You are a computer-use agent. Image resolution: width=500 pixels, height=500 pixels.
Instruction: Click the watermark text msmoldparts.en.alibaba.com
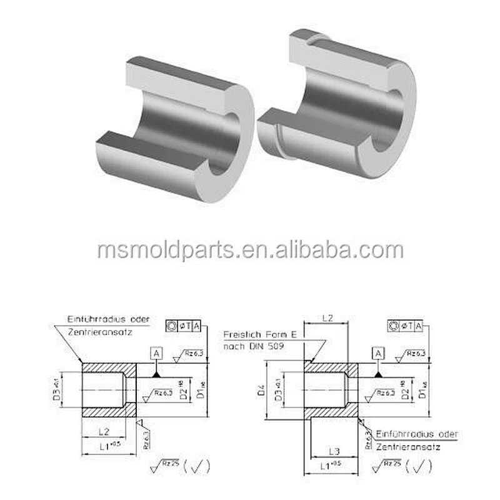click(x=250, y=250)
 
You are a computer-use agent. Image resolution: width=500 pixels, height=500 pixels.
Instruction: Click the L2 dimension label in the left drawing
click(x=104, y=432)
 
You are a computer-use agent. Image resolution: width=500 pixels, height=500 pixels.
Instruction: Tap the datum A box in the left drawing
click(x=157, y=354)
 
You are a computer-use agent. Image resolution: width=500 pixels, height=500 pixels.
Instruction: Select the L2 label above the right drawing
click(x=326, y=318)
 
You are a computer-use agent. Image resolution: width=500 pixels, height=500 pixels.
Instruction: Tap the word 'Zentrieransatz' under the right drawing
click(x=408, y=447)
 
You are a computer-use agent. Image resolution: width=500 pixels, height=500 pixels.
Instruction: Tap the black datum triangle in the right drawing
click(x=379, y=373)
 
